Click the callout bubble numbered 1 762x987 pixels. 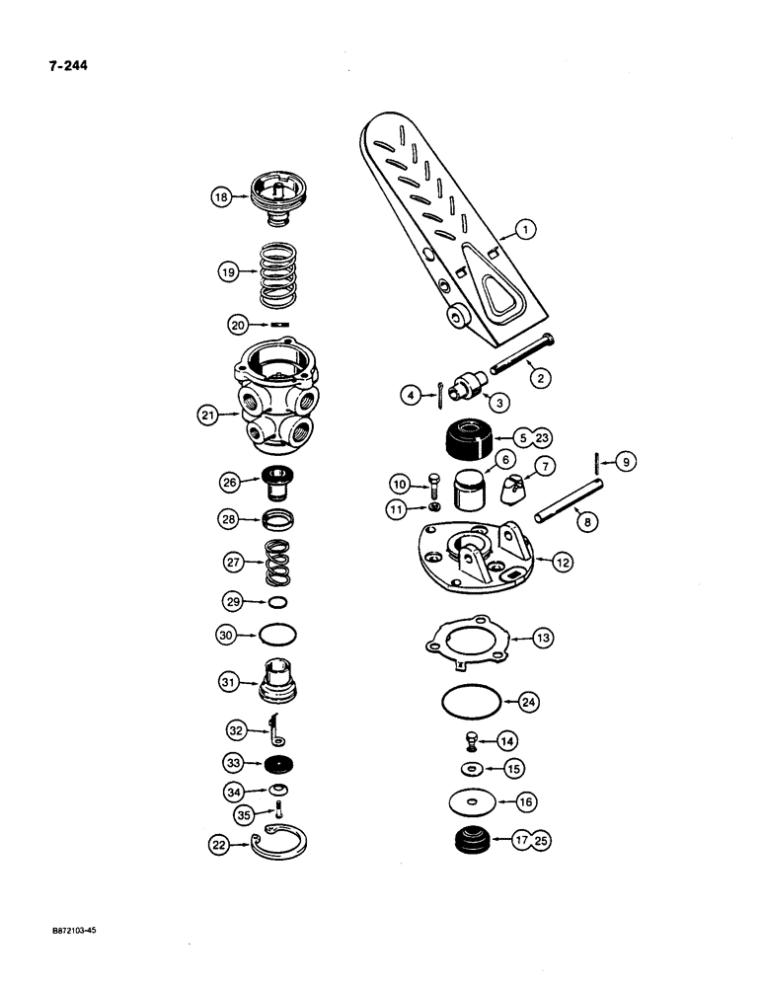pos(526,230)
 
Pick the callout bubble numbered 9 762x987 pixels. pos(624,460)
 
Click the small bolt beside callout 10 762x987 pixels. pos(433,486)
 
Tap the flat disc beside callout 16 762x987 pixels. pos(471,802)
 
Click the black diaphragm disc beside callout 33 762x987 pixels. pos(279,765)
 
